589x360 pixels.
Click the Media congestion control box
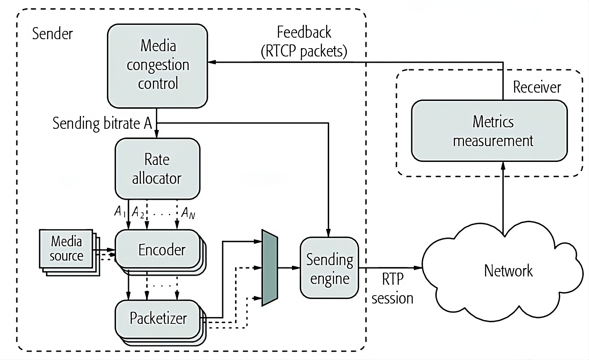[157, 66]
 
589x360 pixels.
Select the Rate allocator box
[157, 169]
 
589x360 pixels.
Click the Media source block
[66, 249]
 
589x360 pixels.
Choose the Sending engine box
[329, 268]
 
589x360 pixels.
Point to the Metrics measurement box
[489, 131]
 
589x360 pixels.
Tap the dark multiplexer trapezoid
[270, 268]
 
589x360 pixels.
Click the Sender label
[52, 34]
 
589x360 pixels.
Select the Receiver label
[537, 87]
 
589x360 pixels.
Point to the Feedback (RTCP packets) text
[304, 42]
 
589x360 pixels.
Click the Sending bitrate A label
[102, 124]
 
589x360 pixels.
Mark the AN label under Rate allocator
[188, 213]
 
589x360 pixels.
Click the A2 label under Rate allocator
[138, 213]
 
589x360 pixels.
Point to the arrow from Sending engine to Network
[390, 268]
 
